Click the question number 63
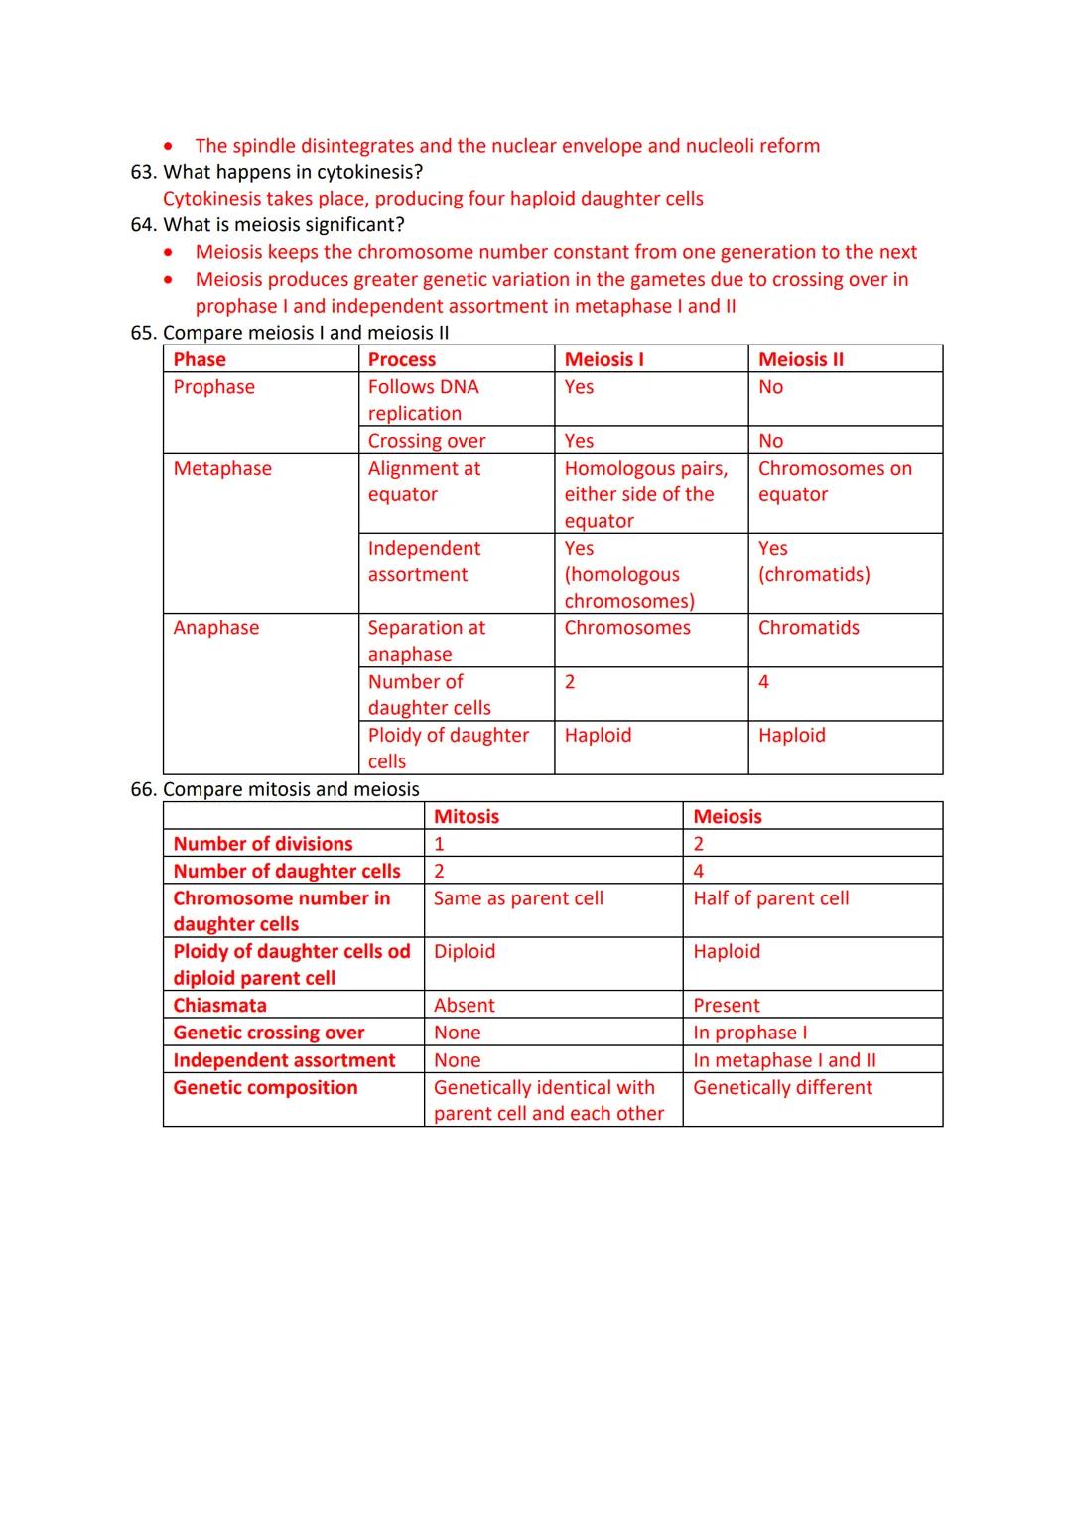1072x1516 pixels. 143,172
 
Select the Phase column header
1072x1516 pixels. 200,359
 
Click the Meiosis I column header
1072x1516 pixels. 603,359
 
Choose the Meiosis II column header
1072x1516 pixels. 800,359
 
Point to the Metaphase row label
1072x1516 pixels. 222,468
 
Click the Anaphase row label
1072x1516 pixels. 215,627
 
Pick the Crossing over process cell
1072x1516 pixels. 427,441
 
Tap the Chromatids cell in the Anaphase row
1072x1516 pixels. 808,627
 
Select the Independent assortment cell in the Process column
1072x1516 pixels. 424,561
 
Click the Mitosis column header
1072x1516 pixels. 467,816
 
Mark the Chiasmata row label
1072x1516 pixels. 219,1005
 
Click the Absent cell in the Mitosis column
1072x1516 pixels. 464,1005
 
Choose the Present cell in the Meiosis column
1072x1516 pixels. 726,1005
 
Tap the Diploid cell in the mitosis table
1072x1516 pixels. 464,951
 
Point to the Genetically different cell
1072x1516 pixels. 782,1087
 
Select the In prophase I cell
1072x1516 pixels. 749,1033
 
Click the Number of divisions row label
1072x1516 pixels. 263,843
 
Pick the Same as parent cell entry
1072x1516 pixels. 518,897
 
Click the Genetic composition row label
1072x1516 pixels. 265,1087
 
